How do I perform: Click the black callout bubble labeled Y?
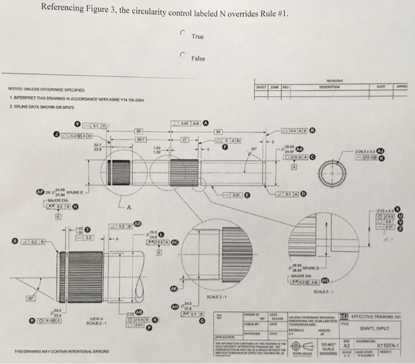tap(77, 124)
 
